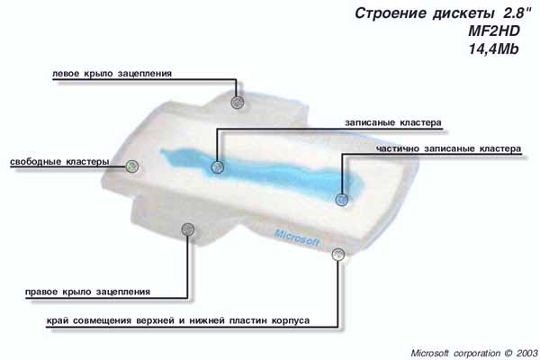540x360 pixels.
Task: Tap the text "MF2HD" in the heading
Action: point(493,31)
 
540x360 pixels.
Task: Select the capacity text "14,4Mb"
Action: point(493,49)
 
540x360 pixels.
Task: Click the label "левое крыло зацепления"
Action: point(112,74)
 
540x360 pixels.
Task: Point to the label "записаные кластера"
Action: point(393,123)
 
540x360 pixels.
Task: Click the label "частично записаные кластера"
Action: point(448,148)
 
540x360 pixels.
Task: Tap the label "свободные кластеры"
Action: point(59,162)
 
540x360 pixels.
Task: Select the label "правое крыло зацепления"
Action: point(88,292)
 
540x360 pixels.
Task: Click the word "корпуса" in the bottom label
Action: point(291,320)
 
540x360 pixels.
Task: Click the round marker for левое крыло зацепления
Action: point(237,102)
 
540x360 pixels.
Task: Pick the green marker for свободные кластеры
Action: point(132,166)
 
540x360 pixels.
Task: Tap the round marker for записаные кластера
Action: point(217,167)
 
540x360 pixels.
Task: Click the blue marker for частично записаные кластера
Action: point(341,199)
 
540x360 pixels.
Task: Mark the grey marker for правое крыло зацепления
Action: point(188,229)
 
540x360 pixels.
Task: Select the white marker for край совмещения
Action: point(338,255)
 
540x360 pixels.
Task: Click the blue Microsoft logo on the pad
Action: point(297,238)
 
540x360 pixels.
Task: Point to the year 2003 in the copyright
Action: point(526,353)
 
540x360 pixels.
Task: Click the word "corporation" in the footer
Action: point(477,354)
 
